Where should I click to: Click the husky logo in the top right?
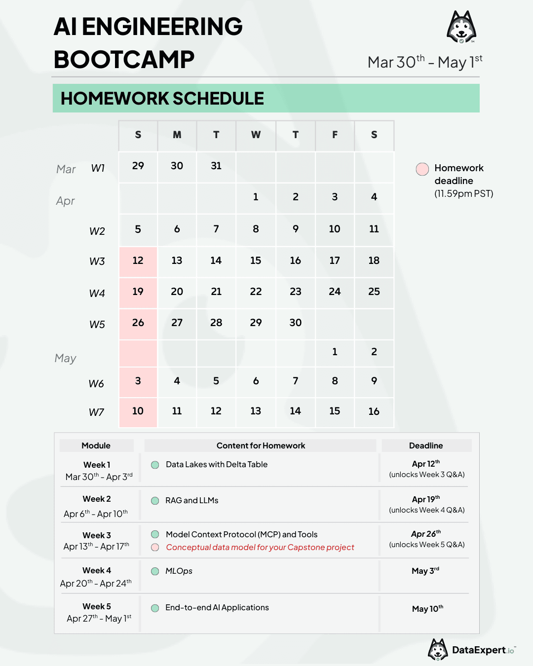point(461,27)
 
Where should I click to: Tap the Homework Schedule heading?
point(162,99)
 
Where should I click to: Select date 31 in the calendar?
point(216,166)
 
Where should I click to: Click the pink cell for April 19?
point(138,292)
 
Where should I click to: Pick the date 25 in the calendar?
point(374,292)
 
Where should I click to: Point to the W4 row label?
point(97,294)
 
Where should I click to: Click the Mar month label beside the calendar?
point(66,169)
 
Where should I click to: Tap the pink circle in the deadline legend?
point(422,169)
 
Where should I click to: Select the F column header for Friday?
point(335,135)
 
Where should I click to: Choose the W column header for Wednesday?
point(256,135)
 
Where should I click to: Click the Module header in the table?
point(96,445)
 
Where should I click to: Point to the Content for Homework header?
point(261,445)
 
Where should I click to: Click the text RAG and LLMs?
point(192,501)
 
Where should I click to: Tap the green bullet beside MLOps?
point(155,571)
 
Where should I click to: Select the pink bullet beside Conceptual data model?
point(155,547)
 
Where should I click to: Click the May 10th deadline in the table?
point(427,609)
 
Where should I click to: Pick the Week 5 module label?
point(97,606)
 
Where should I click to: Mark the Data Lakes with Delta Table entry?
point(217,465)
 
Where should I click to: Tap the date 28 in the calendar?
point(216,323)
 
